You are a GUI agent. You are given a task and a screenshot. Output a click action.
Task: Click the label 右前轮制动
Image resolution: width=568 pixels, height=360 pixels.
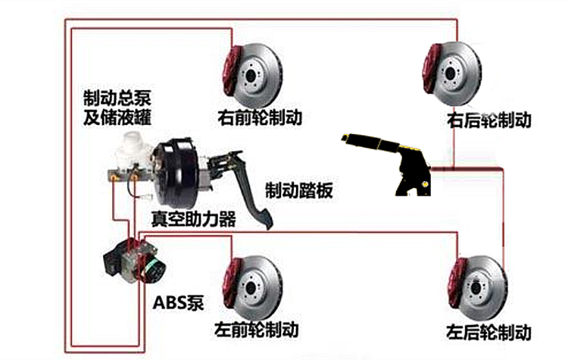(x=260, y=118)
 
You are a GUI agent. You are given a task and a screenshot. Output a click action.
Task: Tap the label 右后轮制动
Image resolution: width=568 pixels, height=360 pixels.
(x=488, y=121)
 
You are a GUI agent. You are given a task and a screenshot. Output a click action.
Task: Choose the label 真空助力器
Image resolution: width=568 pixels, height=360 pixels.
(x=193, y=219)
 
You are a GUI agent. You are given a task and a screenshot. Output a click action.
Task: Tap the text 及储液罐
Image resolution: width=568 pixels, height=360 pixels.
(x=117, y=119)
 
